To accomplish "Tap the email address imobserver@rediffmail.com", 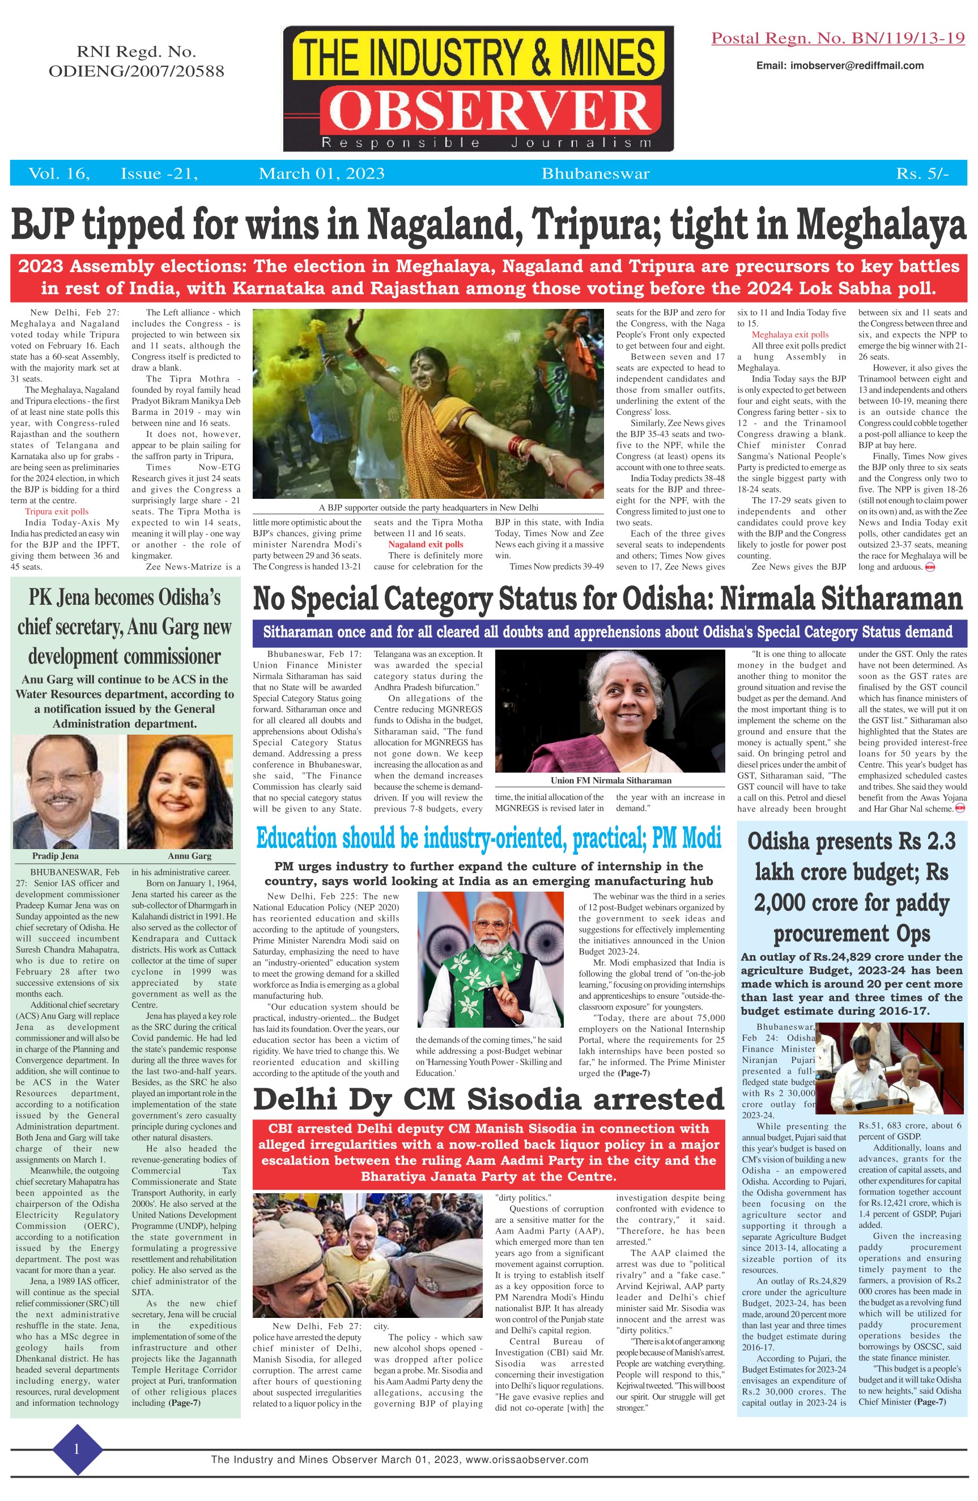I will click(840, 66).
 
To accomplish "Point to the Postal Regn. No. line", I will click(837, 39).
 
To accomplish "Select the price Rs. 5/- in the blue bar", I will click(921, 174).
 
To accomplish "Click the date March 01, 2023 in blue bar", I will click(322, 174).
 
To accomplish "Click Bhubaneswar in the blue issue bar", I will click(596, 174).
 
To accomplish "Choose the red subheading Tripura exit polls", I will click(57, 511).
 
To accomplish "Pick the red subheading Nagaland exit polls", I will click(426, 544).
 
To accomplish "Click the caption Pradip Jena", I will click(56, 856).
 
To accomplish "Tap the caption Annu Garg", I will click(189, 856).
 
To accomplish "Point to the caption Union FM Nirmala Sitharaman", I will click(610, 780).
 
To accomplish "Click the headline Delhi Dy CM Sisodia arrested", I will click(488, 1099).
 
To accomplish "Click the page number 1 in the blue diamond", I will click(76, 1449).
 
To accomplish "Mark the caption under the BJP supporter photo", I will click(428, 507).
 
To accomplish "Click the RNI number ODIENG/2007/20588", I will click(136, 71).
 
